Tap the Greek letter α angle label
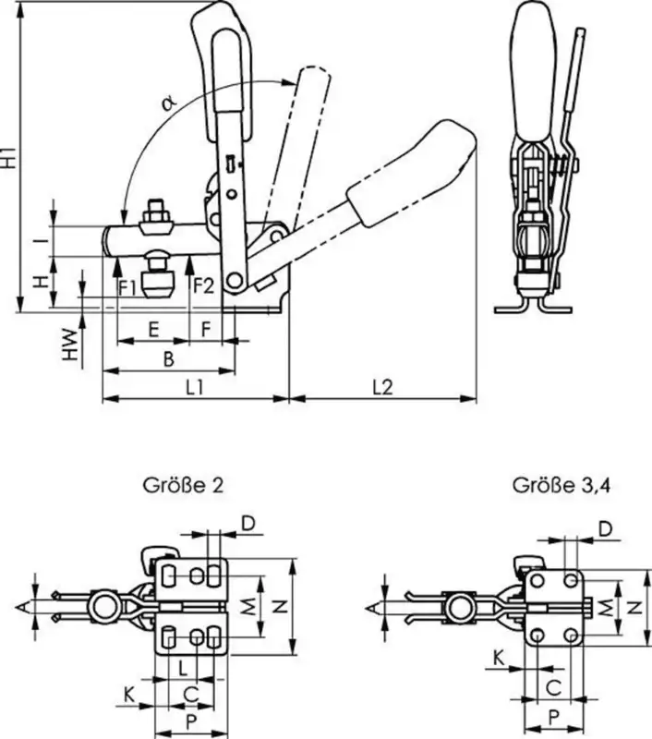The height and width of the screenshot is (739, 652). pyautogui.click(x=169, y=103)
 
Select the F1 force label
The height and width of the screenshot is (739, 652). pyautogui.click(x=127, y=287)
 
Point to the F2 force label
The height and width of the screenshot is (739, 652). pyautogui.click(x=203, y=285)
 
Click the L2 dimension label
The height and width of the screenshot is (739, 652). pyautogui.click(x=382, y=387)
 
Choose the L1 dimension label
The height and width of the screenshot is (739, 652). pyautogui.click(x=194, y=387)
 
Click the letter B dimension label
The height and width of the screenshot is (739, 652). pyautogui.click(x=168, y=359)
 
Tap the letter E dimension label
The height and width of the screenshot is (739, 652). pyautogui.click(x=153, y=330)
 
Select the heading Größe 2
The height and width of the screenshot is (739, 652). pyautogui.click(x=183, y=485)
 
